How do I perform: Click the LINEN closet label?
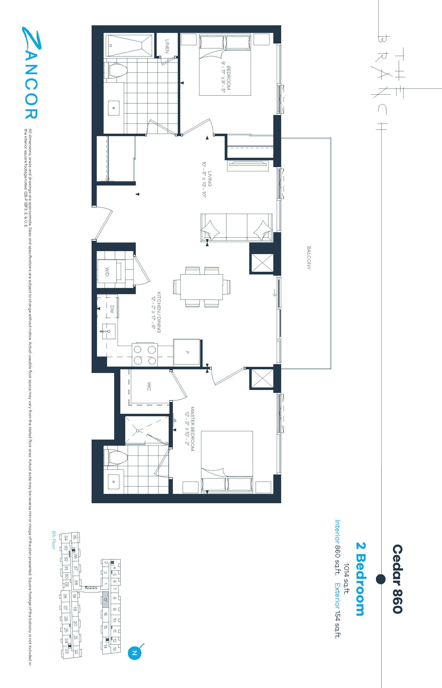[x=167, y=46]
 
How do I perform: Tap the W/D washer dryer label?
[x=107, y=271]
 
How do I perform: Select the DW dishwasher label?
[x=112, y=309]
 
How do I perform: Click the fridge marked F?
[x=187, y=352]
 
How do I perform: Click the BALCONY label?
[x=309, y=258]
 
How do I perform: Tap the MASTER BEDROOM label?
[x=192, y=429]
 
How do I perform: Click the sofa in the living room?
[x=236, y=228]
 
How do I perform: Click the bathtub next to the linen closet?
[x=129, y=46]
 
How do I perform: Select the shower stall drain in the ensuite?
[x=138, y=431]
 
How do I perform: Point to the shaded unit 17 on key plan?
[x=106, y=599]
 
